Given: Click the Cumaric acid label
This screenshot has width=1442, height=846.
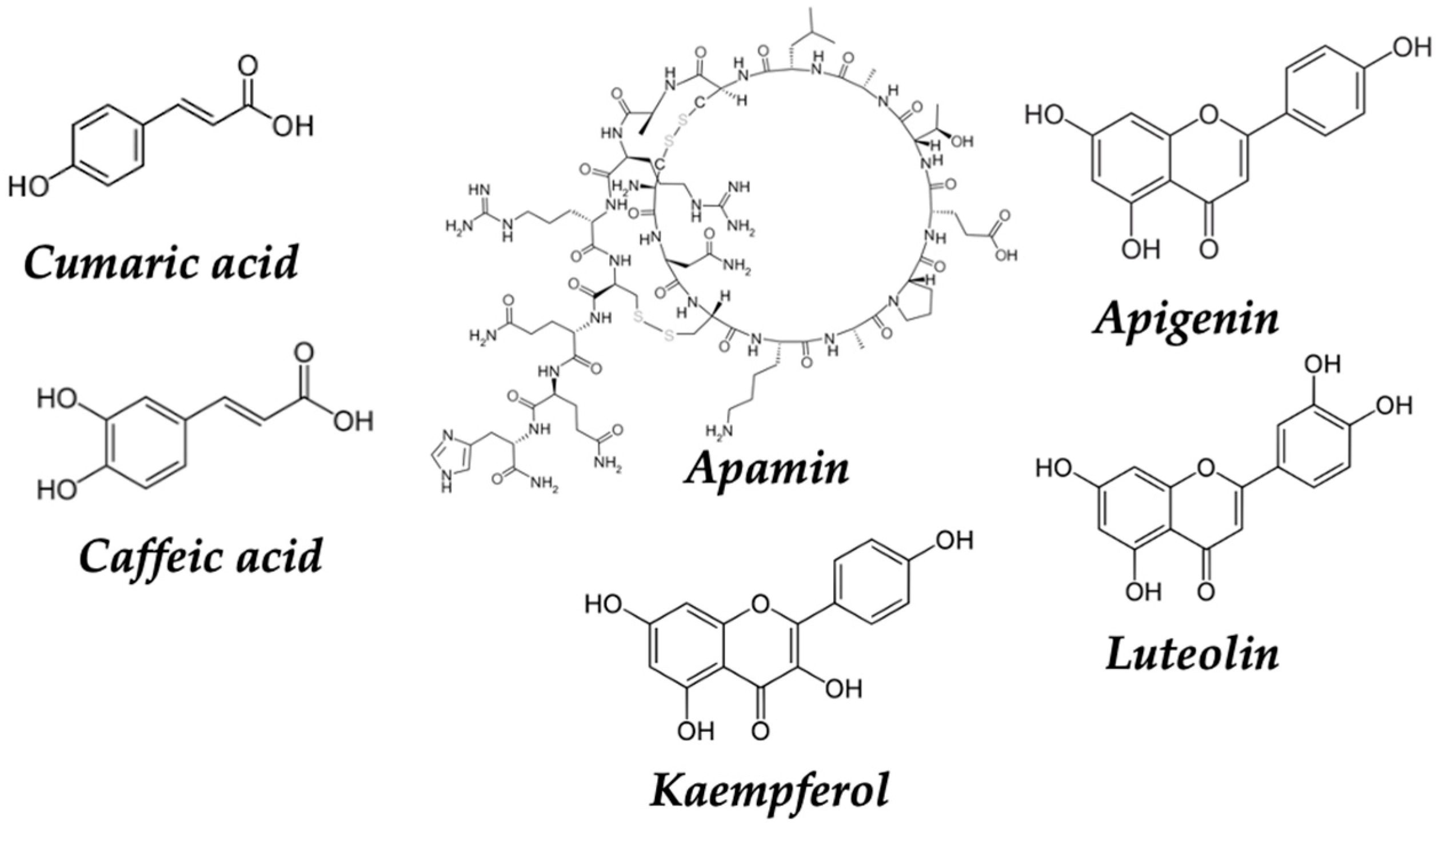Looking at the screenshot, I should tap(161, 262).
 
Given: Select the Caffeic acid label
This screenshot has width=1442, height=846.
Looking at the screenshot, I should tap(200, 555).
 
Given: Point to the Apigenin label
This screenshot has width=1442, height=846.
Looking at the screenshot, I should tap(1185, 319).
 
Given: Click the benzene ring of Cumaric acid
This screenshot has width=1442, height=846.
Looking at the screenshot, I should tap(107, 145).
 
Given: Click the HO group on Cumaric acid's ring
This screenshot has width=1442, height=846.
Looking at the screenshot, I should tap(29, 186).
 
